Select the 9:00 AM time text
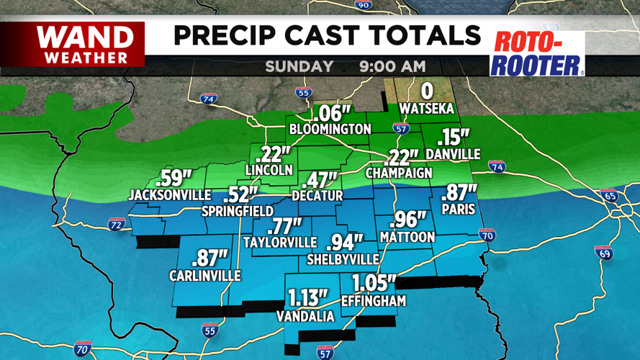coord(392,67)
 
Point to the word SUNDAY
coord(299,67)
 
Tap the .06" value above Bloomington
coord(330,113)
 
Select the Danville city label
coord(453,154)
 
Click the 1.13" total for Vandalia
coord(308,297)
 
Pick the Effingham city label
coord(374,300)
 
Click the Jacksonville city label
coord(170,194)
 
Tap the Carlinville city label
coord(205,275)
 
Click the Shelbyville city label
coord(343,258)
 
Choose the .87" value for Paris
coord(458,193)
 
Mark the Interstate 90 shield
coord(364,4)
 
